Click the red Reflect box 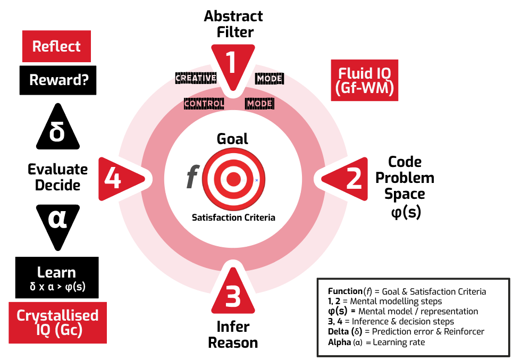56,47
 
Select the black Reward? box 58,80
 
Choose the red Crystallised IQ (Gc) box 57,322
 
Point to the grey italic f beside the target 191,178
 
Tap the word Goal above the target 232,139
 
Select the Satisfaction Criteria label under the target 233,217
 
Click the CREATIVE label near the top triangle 196,78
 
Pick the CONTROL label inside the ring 204,103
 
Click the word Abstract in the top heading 233,16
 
